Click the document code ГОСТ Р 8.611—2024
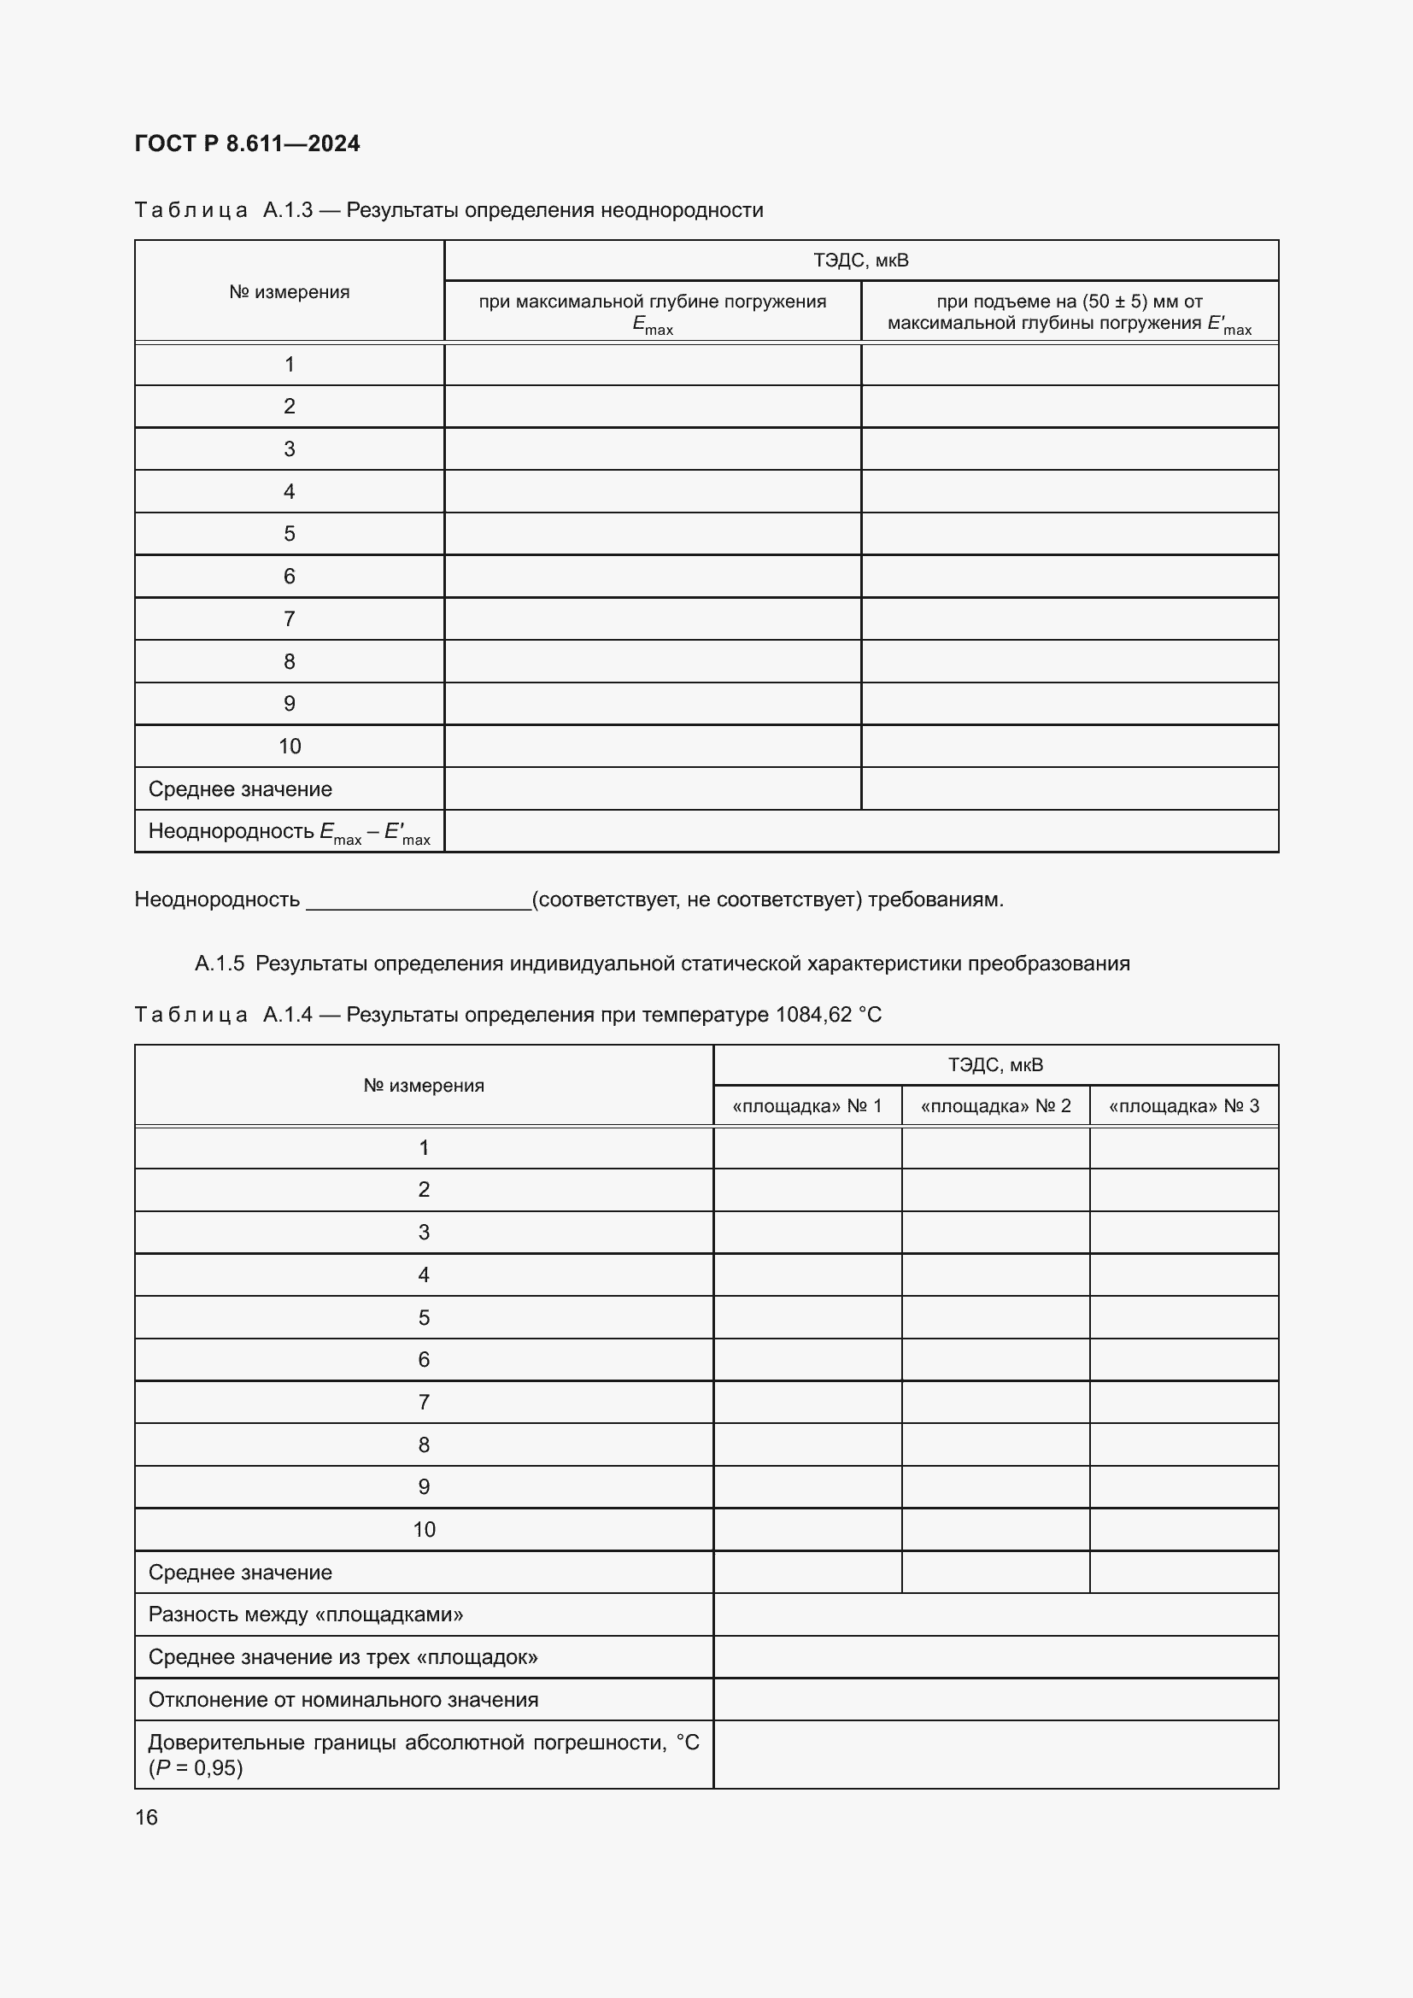tap(247, 144)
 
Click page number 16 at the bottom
tap(146, 1817)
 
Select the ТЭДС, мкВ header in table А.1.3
tap(860, 261)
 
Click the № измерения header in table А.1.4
tap(424, 1085)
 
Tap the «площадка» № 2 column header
tap(995, 1106)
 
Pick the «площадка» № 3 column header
tap(1183, 1106)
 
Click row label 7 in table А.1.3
tap(289, 618)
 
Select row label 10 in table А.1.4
tap(424, 1529)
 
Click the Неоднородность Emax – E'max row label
tap(289, 832)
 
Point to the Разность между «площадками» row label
tap(305, 1614)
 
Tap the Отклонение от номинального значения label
tap(343, 1700)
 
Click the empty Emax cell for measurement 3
tap(653, 449)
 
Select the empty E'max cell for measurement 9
tap(1070, 703)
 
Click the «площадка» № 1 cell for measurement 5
tap(807, 1317)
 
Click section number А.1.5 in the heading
tap(220, 964)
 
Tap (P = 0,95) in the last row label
tap(196, 1767)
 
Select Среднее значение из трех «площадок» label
tap(343, 1657)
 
